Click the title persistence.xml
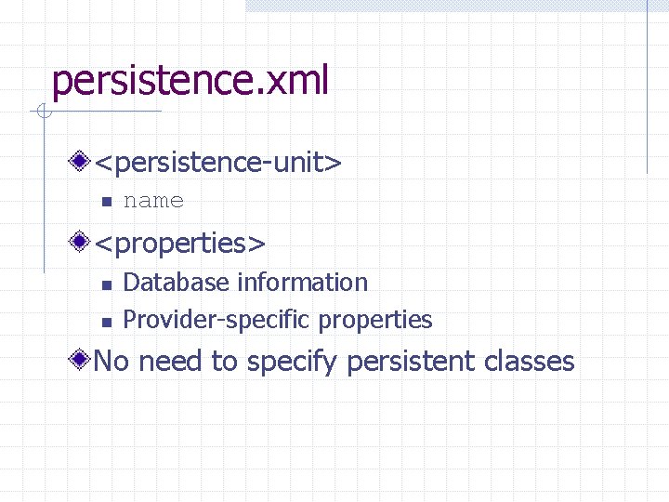[x=190, y=82]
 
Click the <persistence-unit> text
[x=218, y=163]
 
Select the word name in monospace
[x=153, y=201]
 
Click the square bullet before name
[x=106, y=202]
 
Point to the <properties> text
[x=180, y=244]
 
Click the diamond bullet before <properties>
[x=82, y=243]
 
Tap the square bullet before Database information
[x=106, y=284]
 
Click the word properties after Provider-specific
[x=375, y=321]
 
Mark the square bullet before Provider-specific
[x=106, y=322]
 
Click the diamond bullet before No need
[x=82, y=360]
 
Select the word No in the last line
[x=111, y=361]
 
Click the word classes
[x=530, y=361]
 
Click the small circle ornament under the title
[x=42, y=112]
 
